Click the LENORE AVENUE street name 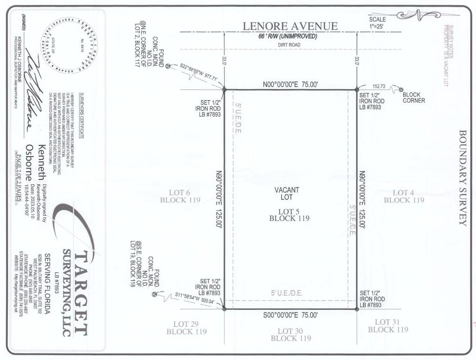click(x=290, y=26)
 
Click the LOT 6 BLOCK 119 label click(x=181, y=196)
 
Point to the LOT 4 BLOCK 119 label click(x=404, y=196)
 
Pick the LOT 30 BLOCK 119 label click(x=290, y=334)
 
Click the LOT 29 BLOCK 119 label click(x=186, y=328)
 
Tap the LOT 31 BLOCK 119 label click(x=387, y=325)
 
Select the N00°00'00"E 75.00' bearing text click(x=290, y=85)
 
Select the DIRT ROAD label click(x=288, y=45)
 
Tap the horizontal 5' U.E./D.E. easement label click(x=287, y=293)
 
